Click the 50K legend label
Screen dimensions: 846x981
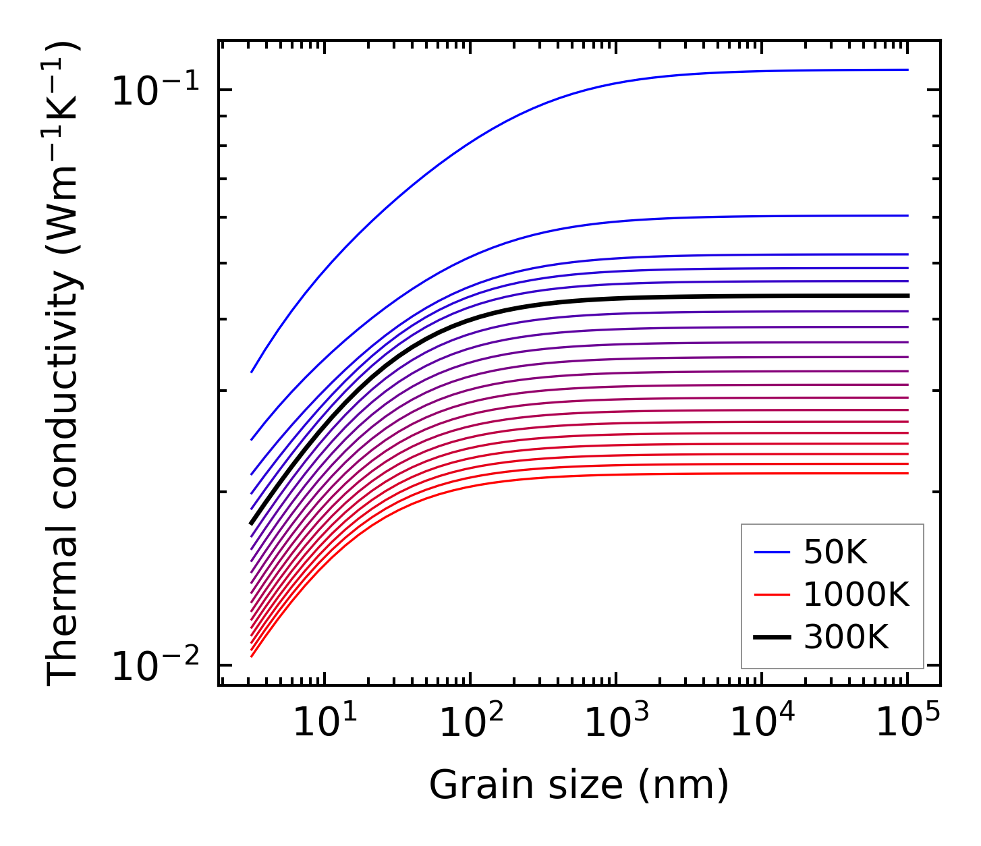coord(835,553)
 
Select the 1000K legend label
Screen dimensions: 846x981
coord(856,595)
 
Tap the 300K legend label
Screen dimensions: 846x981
coord(846,637)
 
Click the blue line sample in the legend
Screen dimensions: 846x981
coord(772,553)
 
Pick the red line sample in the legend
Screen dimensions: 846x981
coord(772,595)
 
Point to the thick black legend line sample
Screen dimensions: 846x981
coord(772,637)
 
